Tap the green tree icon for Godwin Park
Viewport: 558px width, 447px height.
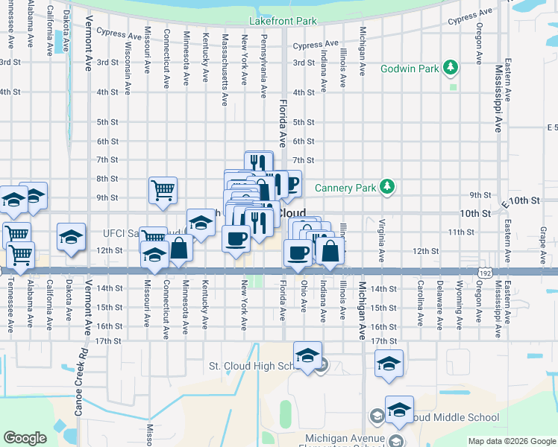click(x=451, y=69)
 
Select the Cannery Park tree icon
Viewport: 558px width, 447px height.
click(x=387, y=187)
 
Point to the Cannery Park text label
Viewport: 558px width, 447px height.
click(x=345, y=188)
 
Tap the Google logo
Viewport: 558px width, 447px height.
click(x=25, y=438)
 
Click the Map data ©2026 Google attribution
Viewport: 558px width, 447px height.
click(x=512, y=441)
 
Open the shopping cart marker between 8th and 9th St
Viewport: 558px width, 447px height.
click(x=163, y=189)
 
